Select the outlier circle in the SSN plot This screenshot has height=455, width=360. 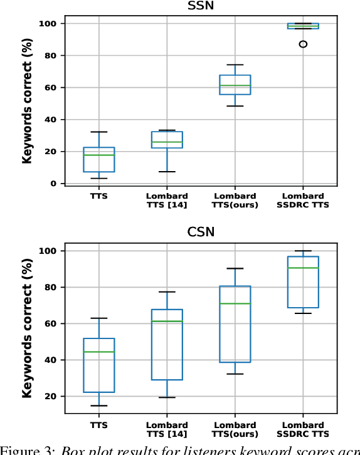click(304, 44)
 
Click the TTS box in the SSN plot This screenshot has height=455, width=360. click(98, 159)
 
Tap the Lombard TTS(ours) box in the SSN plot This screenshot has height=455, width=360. click(235, 85)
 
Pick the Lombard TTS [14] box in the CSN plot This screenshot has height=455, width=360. click(167, 345)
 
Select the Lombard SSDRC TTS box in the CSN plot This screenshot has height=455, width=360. click(304, 282)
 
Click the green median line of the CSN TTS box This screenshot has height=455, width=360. click(98, 352)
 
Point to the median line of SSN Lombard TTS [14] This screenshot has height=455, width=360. click(167, 142)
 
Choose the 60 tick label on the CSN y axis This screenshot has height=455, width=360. click(50, 324)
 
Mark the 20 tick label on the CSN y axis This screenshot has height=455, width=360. click(50, 397)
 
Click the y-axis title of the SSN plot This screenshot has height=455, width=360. click(27, 103)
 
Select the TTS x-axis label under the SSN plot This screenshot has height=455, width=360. click(98, 195)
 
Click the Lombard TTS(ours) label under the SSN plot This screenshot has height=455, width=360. click(235, 200)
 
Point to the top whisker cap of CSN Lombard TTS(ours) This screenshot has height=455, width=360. click(235, 268)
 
